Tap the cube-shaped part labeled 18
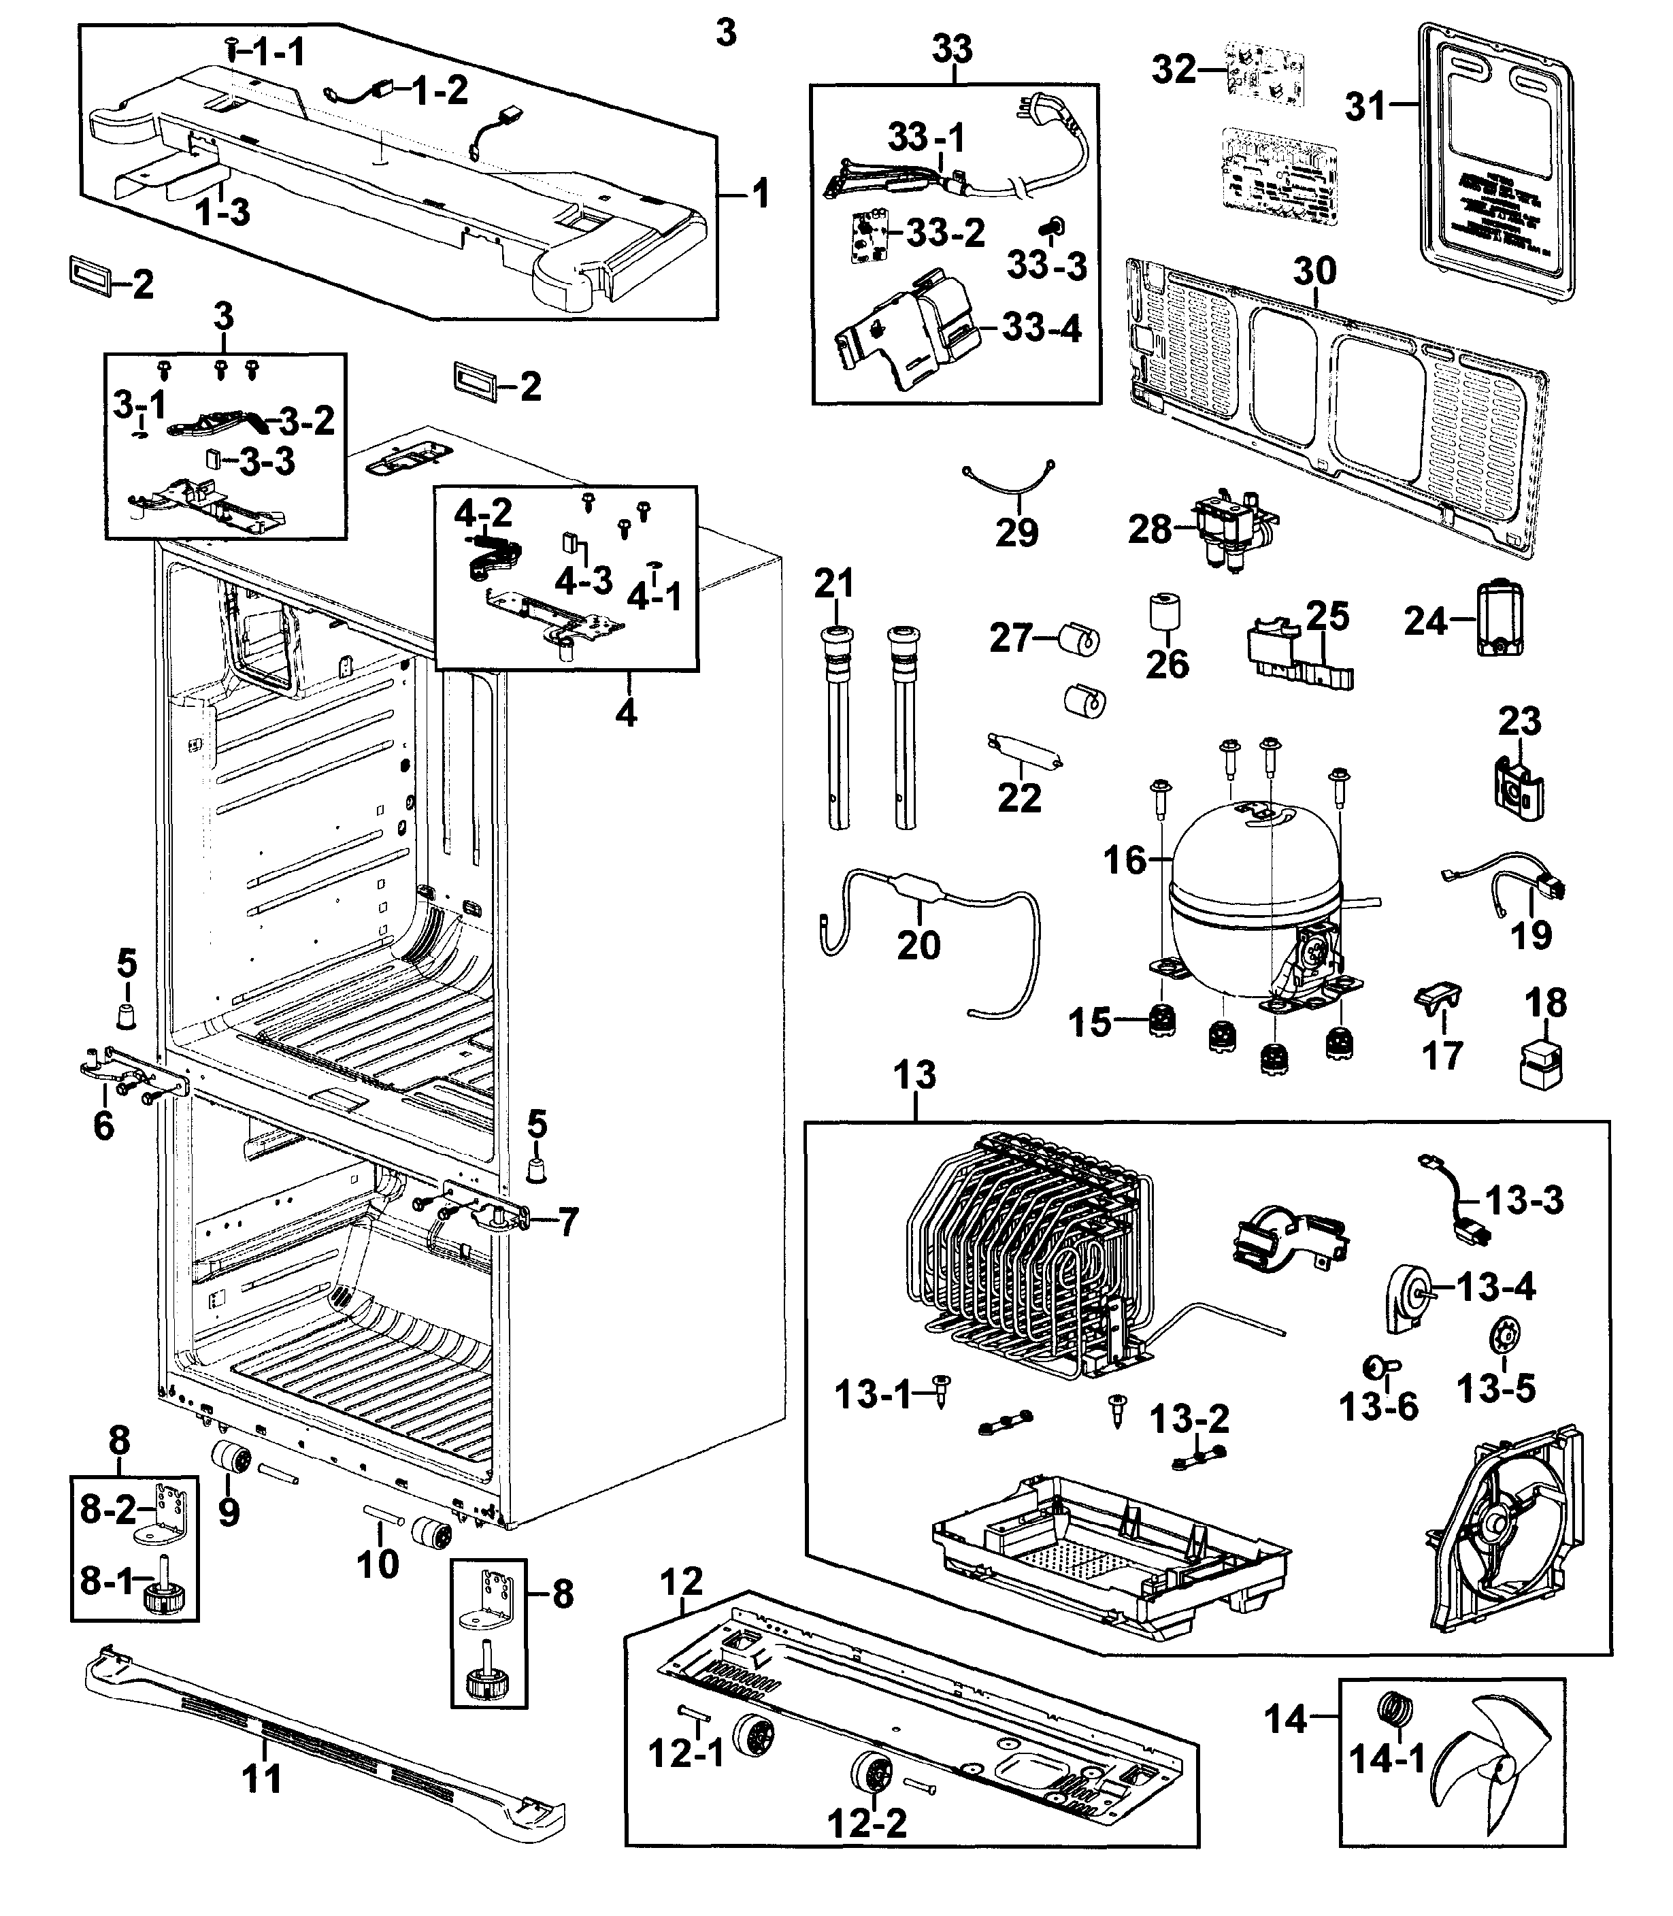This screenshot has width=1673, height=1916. point(1544,1064)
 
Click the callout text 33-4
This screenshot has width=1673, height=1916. point(1041,328)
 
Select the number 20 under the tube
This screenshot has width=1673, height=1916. point(918,945)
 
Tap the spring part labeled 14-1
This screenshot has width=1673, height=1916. point(1395,1711)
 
